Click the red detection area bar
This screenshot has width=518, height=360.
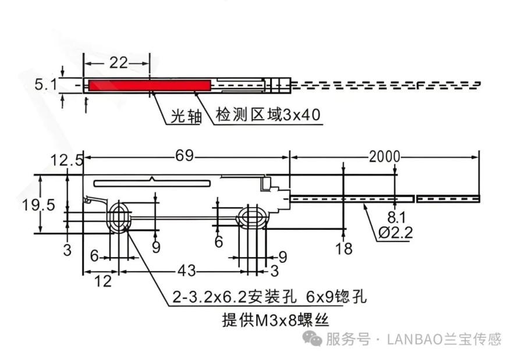click(x=150, y=85)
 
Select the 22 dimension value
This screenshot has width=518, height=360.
click(x=119, y=62)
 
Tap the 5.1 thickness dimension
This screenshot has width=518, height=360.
click(x=46, y=84)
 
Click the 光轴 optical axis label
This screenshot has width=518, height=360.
click(x=186, y=116)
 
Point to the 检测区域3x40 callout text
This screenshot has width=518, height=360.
click(x=268, y=115)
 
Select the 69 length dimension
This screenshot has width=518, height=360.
click(x=185, y=155)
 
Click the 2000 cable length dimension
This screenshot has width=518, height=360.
click(x=385, y=156)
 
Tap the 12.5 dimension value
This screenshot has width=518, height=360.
click(x=66, y=161)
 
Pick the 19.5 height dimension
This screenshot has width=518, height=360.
click(x=38, y=205)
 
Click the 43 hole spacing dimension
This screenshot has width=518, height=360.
click(x=187, y=271)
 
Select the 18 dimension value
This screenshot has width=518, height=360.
click(x=343, y=248)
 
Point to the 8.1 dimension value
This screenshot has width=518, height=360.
click(x=396, y=218)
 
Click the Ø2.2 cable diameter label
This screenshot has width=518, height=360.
click(x=396, y=233)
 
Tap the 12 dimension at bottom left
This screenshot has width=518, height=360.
click(x=103, y=281)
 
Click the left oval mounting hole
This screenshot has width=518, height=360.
click(x=119, y=218)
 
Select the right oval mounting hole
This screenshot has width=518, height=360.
click(x=253, y=218)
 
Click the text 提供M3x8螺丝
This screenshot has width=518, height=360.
click(x=275, y=320)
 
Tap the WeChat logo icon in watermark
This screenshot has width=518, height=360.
click(x=313, y=339)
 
